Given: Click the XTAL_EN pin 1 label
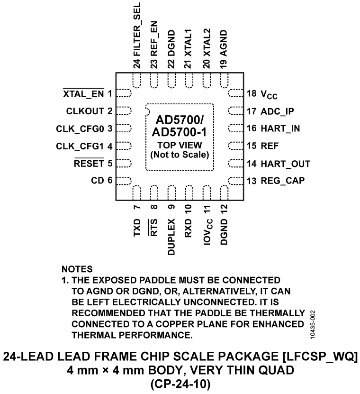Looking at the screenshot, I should pos(83,93).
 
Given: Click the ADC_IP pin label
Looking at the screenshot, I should pos(277,111).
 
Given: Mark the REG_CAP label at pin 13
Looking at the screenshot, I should pos(282,181).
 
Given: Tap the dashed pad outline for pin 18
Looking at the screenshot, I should pos(235,93).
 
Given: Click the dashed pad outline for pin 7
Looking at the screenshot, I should pos(136,193).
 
